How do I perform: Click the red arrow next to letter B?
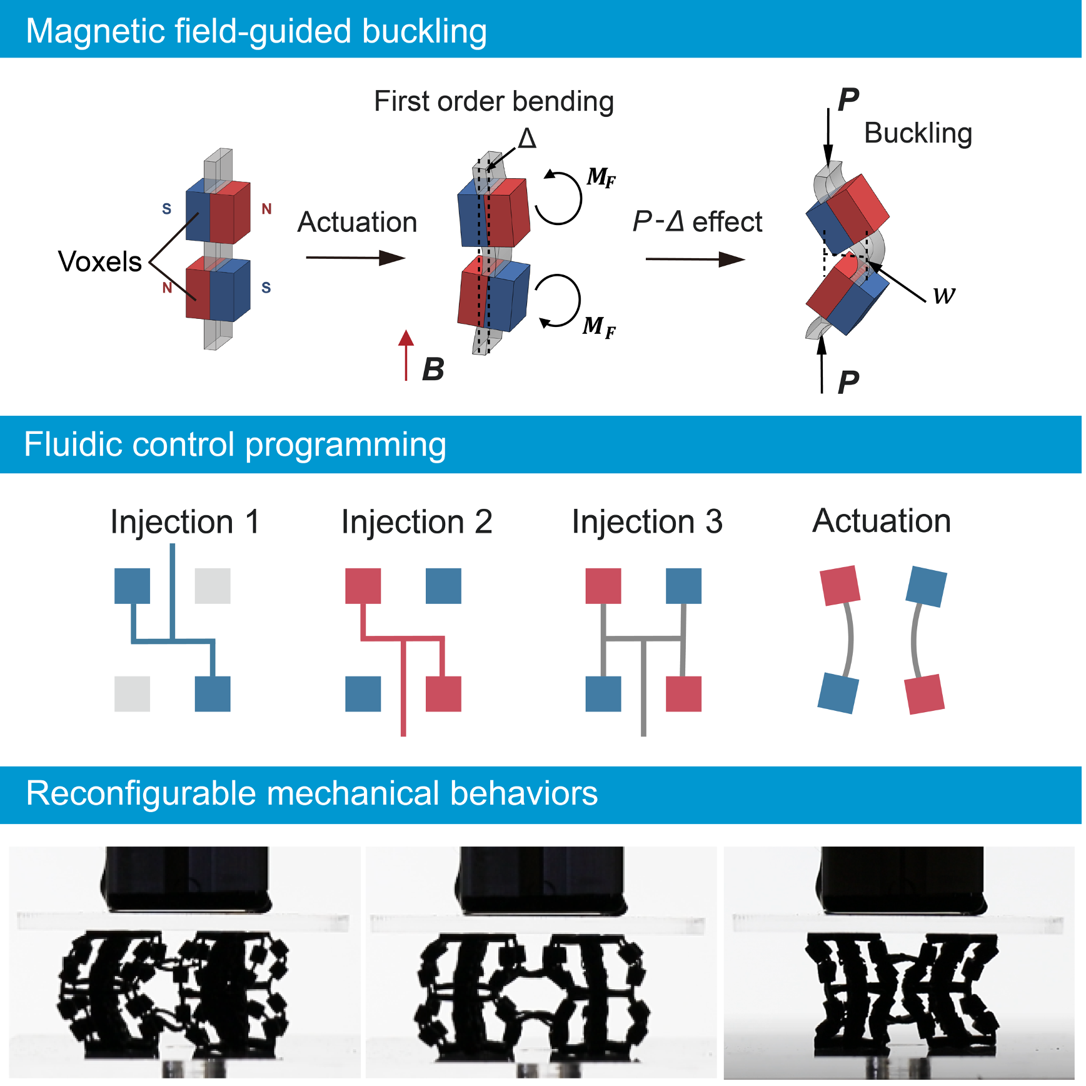(x=406, y=355)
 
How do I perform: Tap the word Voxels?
(x=99, y=261)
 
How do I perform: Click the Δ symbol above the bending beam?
(x=527, y=138)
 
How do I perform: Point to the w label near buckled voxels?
(x=944, y=294)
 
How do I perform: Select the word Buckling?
(x=917, y=133)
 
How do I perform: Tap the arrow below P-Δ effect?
(x=695, y=259)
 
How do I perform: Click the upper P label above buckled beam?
(x=848, y=99)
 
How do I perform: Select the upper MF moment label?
(x=601, y=177)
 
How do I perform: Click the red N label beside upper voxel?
(x=266, y=209)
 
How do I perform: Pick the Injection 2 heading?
(x=416, y=522)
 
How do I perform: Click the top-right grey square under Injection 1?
(x=213, y=586)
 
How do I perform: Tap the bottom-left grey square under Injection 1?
(x=132, y=693)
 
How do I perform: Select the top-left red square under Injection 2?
(x=363, y=586)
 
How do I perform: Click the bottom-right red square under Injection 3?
(x=683, y=693)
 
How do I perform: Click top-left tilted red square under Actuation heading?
(x=840, y=586)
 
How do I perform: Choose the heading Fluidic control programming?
(x=235, y=445)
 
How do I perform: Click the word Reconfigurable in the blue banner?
(x=141, y=793)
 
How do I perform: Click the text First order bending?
(x=493, y=101)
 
